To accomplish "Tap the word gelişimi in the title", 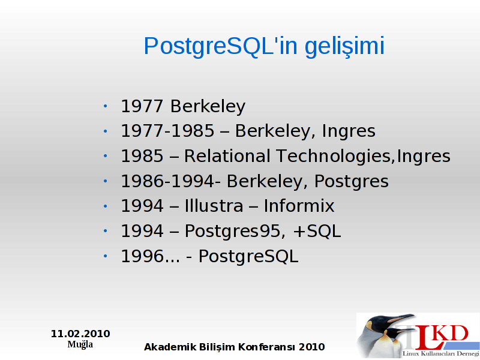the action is point(344,47).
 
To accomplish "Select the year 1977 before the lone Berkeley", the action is point(142,106).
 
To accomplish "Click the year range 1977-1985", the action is point(167,131).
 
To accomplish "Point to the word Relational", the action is point(227,156).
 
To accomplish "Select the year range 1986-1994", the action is point(167,181).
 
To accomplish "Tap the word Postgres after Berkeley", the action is point(352,182).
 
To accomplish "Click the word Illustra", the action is point(214,206).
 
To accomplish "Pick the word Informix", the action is point(299,206).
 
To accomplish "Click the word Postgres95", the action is point(233,231).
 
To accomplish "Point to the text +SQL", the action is point(317,231).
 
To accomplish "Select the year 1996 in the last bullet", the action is point(142,256).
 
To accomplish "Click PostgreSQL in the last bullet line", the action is point(248,257).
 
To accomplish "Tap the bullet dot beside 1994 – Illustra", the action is point(106,206).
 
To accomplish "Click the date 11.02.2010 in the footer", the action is point(80,334).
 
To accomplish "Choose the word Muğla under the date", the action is point(80,344).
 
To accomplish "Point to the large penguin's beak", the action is point(400,319).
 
